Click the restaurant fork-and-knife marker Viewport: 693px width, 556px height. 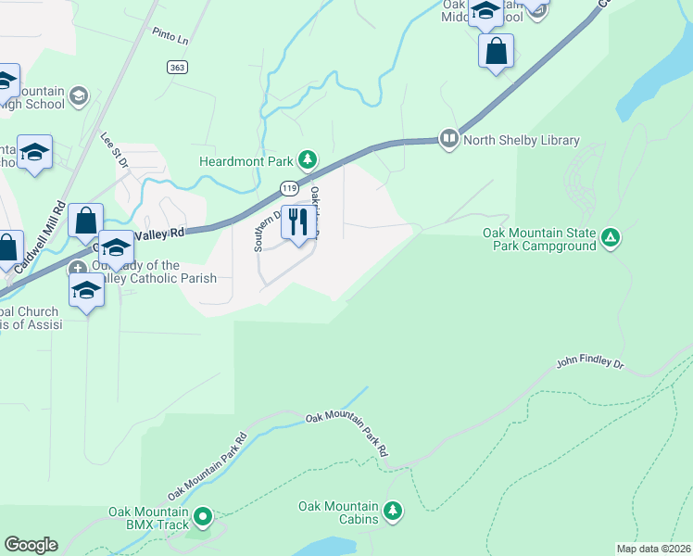click(x=298, y=223)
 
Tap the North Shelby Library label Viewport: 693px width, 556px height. click(x=523, y=140)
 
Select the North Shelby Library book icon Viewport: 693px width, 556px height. click(x=449, y=139)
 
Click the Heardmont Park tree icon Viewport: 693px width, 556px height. click(x=307, y=161)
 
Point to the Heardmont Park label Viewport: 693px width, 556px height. click(x=246, y=161)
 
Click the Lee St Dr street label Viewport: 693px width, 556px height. click(x=112, y=151)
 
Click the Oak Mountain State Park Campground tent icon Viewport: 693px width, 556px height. click(x=610, y=239)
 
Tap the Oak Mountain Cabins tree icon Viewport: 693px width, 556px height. click(x=393, y=511)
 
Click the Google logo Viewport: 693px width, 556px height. click(x=31, y=545)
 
